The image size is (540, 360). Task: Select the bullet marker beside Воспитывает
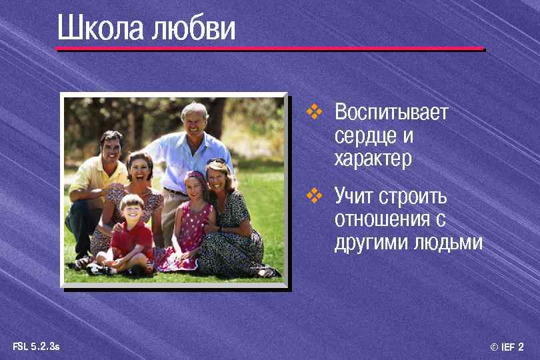314,111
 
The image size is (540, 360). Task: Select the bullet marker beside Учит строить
314,196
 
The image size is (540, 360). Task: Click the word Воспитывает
391,112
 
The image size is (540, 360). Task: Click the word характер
373,159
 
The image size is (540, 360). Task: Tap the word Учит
354,197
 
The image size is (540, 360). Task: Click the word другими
371,243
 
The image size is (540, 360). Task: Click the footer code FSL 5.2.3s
36,346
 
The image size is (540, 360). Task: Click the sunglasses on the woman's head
217,163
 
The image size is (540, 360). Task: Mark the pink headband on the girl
195,176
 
